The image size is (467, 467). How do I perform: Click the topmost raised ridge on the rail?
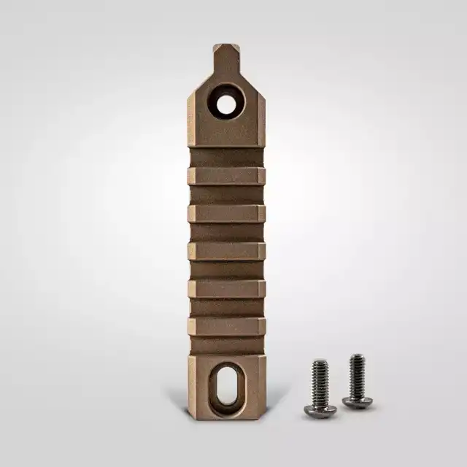pyautogui.click(x=226, y=176)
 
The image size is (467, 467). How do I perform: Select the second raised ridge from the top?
pyautogui.click(x=226, y=213)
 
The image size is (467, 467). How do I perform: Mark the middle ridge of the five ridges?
pyautogui.click(x=226, y=251)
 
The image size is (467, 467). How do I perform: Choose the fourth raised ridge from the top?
pyautogui.click(x=226, y=289)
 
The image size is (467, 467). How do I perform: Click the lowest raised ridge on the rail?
pyautogui.click(x=226, y=326)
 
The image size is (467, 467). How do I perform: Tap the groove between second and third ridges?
pyautogui.click(x=226, y=232)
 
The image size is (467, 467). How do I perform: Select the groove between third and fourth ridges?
pyautogui.click(x=226, y=270)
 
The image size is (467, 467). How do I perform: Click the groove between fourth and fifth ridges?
pyautogui.click(x=226, y=308)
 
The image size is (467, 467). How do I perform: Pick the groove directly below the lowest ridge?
pyautogui.click(x=226, y=345)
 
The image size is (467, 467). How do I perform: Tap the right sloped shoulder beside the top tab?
pyautogui.click(x=252, y=85)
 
